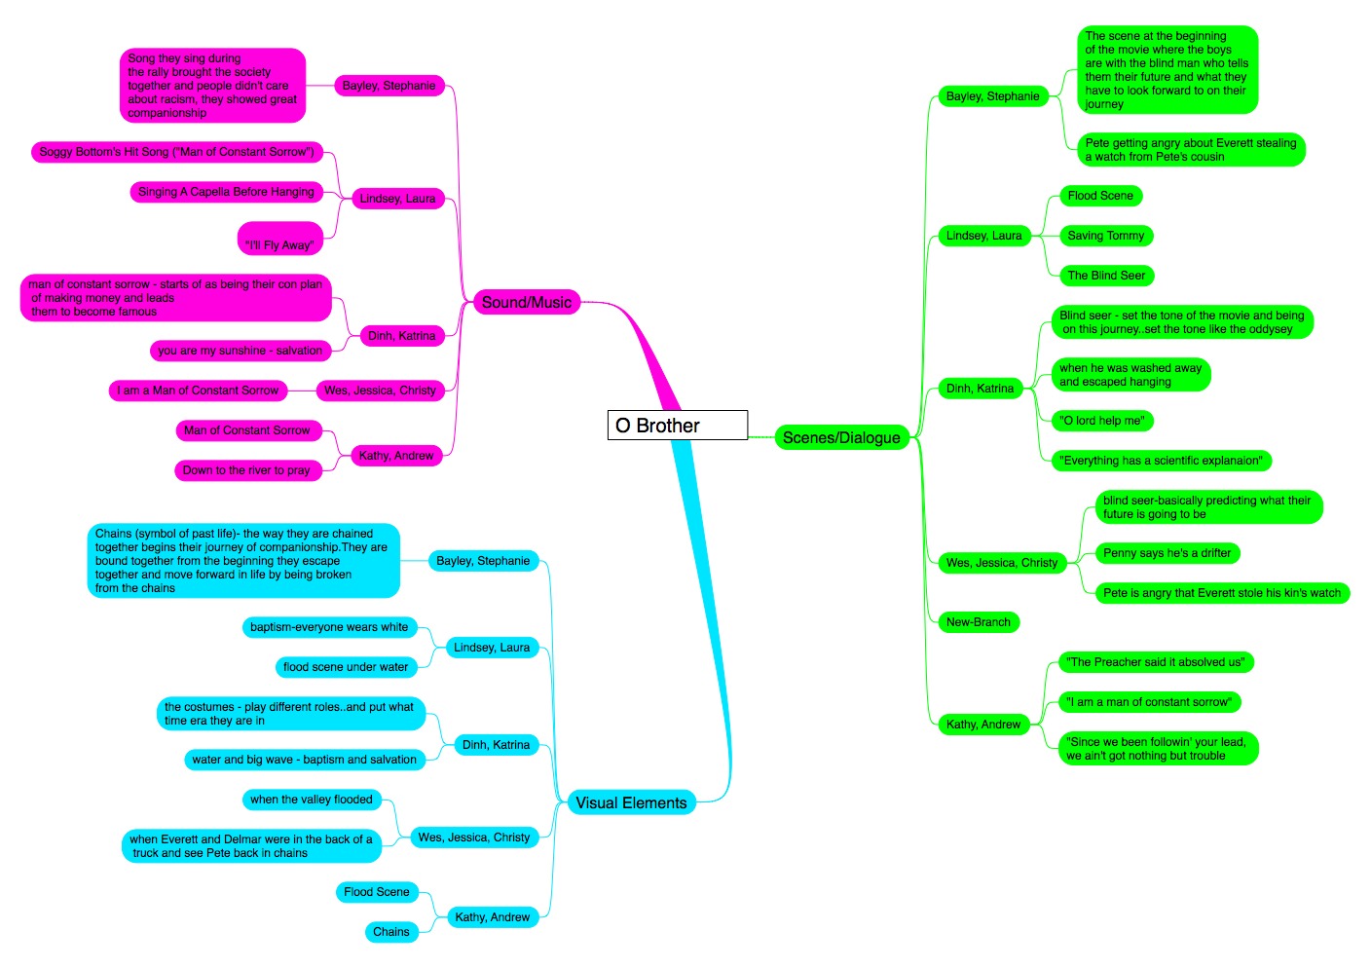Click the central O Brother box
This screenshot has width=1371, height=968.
click(677, 425)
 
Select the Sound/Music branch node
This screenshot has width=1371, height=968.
click(527, 302)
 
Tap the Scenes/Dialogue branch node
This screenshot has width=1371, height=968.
click(841, 438)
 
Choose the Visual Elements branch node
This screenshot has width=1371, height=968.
click(631, 802)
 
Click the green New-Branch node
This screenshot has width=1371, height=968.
click(978, 622)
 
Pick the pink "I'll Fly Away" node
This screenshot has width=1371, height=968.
click(279, 239)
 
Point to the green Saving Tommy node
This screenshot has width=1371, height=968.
click(1106, 236)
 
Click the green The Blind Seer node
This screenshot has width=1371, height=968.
click(1106, 276)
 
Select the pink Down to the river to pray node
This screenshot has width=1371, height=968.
click(247, 470)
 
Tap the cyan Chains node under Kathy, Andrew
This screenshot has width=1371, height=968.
click(391, 932)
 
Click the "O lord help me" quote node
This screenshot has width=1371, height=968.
click(1102, 421)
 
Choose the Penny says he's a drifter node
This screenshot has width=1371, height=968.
click(1167, 553)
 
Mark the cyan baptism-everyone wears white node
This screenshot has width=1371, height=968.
click(329, 627)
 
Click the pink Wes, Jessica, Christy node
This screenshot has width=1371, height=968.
click(380, 390)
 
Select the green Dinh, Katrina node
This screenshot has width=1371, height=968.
click(980, 389)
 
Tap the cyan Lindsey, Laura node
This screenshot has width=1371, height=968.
click(492, 648)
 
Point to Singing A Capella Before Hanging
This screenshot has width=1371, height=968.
click(227, 192)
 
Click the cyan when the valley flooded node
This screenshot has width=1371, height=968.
click(312, 799)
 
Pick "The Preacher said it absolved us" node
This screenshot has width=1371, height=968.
click(1156, 662)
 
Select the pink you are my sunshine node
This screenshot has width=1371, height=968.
click(241, 351)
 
